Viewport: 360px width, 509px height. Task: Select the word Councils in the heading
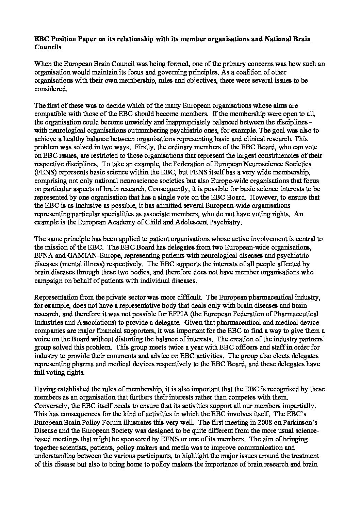tap(48, 48)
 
